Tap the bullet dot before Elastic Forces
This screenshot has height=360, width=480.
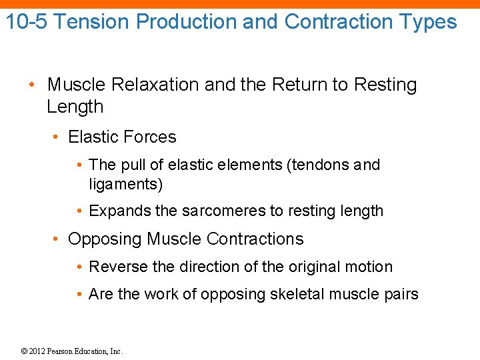(58, 137)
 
